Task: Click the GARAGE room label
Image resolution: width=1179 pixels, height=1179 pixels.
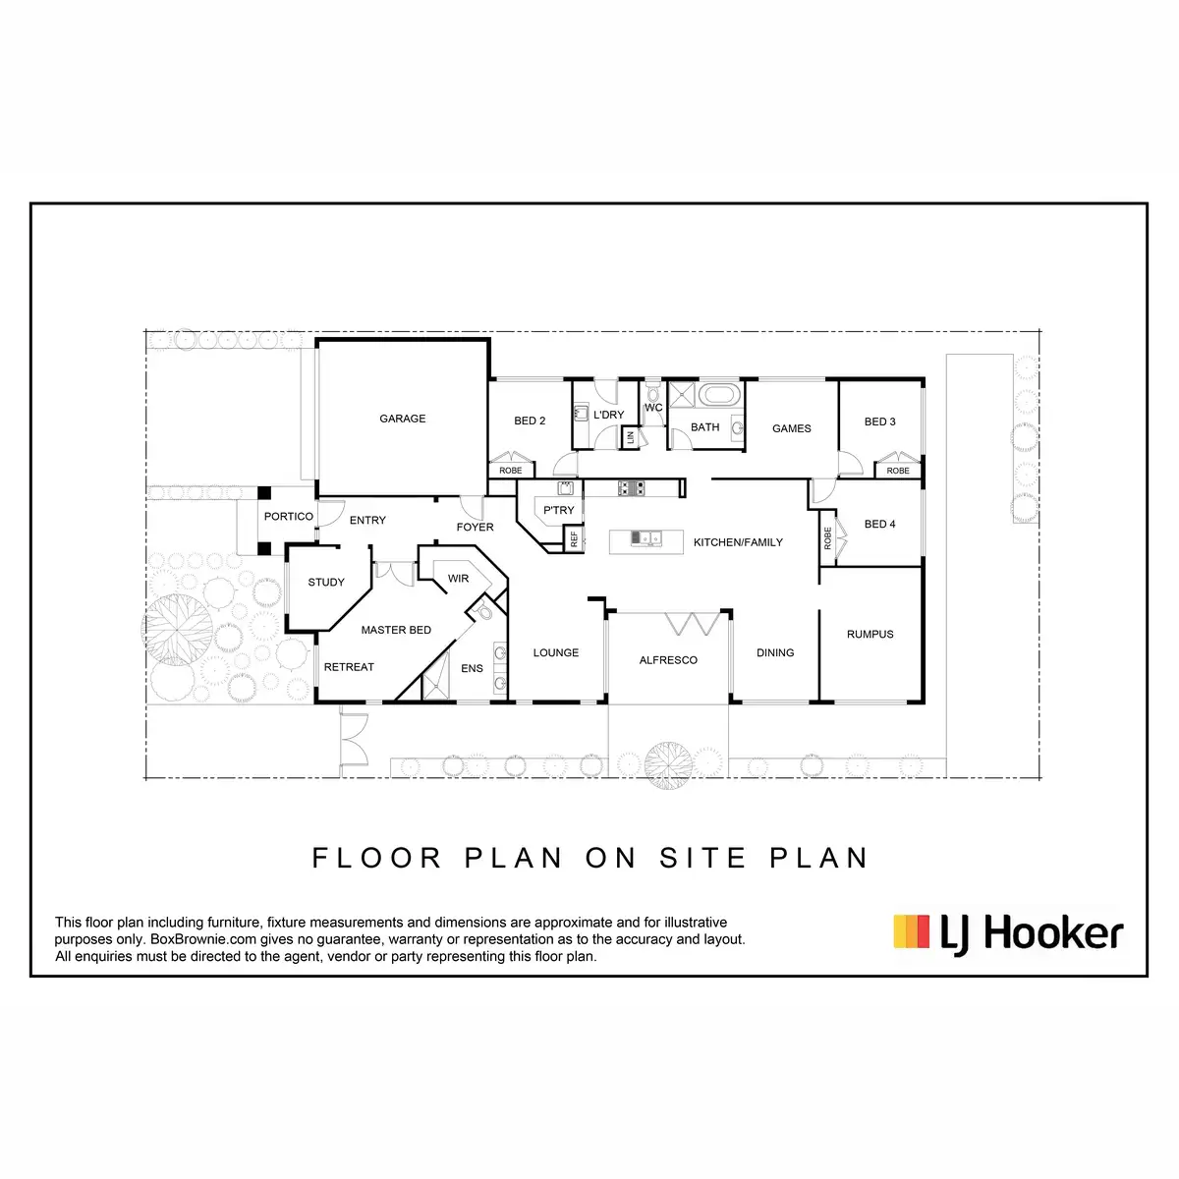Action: click(403, 419)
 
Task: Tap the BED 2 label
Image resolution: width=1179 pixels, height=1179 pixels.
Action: click(530, 421)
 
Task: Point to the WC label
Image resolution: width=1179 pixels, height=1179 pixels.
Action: click(653, 408)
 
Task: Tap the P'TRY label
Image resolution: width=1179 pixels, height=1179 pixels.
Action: click(558, 510)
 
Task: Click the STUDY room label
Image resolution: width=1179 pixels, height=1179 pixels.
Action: click(326, 582)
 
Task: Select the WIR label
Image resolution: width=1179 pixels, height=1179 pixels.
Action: click(458, 579)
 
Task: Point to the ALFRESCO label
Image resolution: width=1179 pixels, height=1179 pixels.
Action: click(668, 660)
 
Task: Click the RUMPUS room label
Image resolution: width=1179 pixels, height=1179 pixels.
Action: click(870, 634)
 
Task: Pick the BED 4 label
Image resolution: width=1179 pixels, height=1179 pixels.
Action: click(879, 524)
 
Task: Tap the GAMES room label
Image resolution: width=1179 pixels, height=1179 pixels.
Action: click(791, 428)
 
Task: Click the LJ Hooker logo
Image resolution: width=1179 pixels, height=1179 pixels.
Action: click(1008, 932)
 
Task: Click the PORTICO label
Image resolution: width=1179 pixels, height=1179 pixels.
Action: click(289, 516)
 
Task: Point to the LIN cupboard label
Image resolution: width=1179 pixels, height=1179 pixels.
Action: click(631, 437)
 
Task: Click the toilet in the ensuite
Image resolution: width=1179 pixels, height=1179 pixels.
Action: click(481, 611)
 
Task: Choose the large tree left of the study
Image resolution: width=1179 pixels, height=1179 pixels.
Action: click(178, 629)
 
